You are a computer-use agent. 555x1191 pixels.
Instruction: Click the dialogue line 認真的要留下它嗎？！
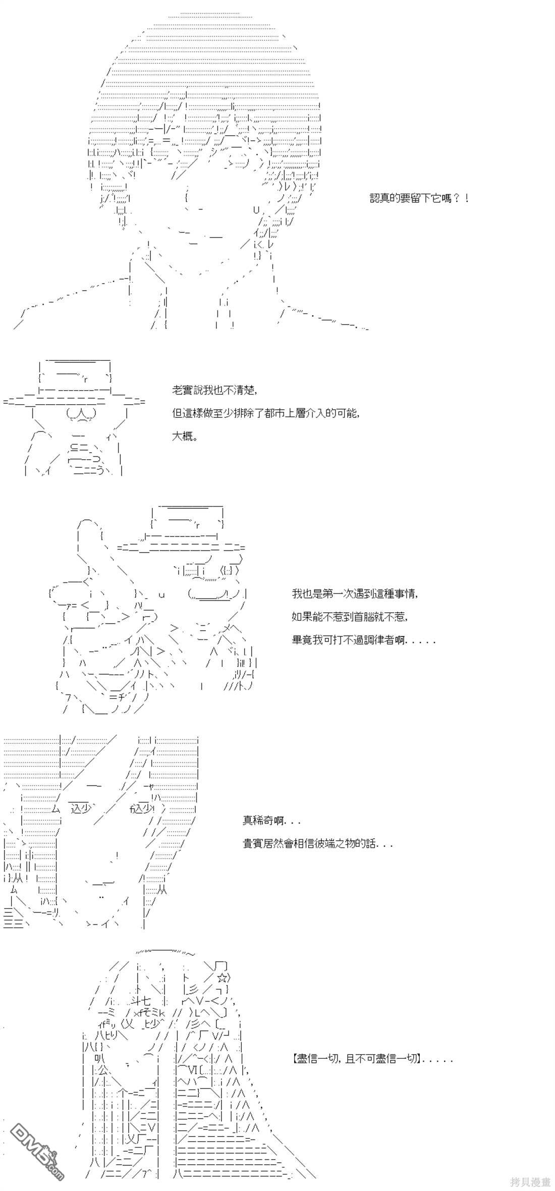pyautogui.click(x=420, y=198)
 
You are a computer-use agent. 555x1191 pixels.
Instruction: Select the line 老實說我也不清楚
pyautogui.click(x=214, y=390)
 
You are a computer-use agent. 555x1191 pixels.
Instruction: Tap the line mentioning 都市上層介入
pyautogui.click(x=266, y=413)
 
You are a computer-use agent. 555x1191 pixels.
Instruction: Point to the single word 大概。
pyautogui.click(x=185, y=437)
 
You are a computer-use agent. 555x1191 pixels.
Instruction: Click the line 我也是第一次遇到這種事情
pyautogui.click(x=355, y=593)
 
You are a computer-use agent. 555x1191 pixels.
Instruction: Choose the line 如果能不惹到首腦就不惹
pyautogui.click(x=349, y=617)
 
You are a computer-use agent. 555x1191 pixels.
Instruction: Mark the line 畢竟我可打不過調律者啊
pyautogui.click(x=363, y=640)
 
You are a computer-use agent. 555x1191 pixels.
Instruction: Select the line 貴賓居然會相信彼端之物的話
pyautogui.click(x=317, y=844)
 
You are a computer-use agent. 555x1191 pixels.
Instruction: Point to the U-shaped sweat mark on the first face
pyautogui.click(x=256, y=209)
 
